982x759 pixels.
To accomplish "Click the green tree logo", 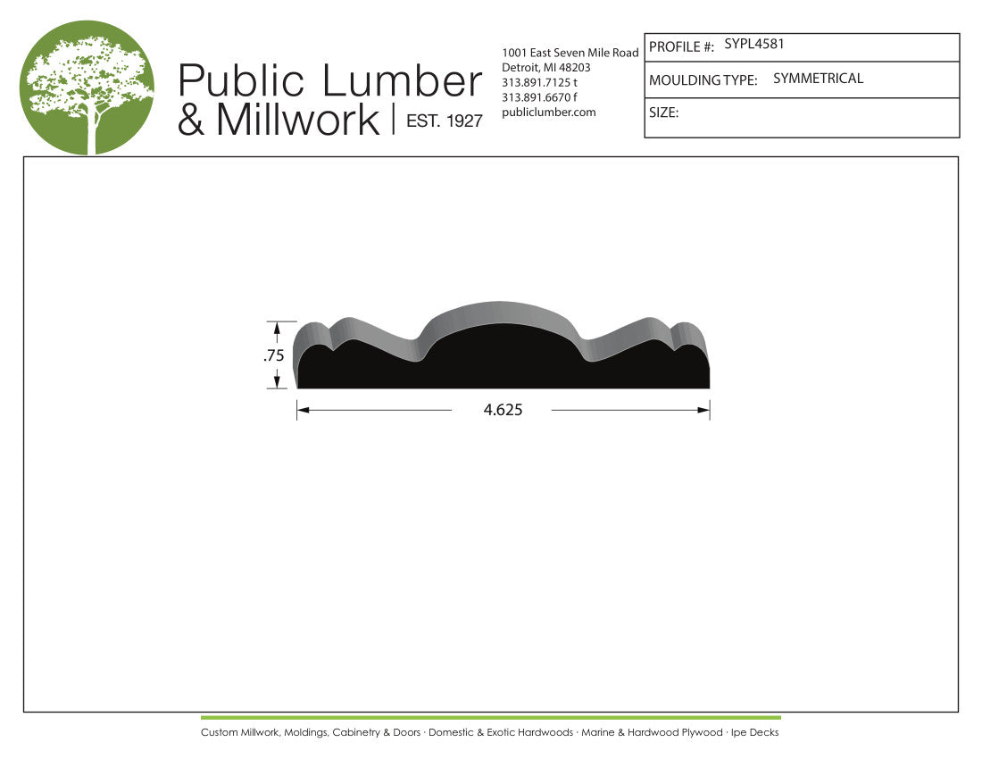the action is (x=87, y=88).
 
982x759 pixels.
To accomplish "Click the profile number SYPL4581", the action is (x=754, y=44).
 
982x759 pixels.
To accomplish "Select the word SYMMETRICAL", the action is (x=818, y=79).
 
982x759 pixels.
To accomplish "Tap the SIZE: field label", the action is (x=664, y=113).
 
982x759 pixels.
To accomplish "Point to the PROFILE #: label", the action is (x=681, y=47).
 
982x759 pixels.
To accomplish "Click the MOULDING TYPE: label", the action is (x=703, y=80).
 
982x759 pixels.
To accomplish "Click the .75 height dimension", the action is (x=274, y=355).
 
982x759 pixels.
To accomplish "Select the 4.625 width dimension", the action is (x=503, y=410).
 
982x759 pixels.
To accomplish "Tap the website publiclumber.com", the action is (x=549, y=113).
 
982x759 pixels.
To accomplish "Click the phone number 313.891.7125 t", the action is (x=539, y=82).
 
